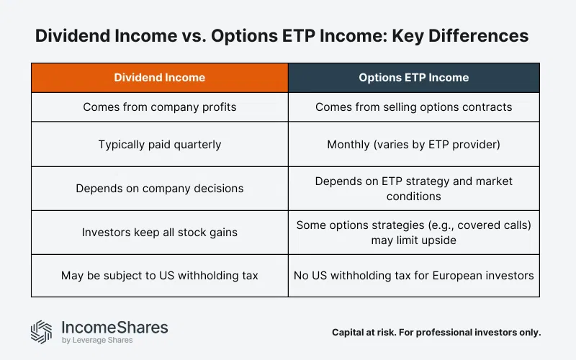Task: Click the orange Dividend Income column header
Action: [159, 78]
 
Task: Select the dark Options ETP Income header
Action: [413, 78]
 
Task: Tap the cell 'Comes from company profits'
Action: [159, 107]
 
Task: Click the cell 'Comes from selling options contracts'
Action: [413, 107]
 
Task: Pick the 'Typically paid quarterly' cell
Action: [159, 145]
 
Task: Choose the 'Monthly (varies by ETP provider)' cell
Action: [413, 145]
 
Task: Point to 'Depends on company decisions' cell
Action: [159, 189]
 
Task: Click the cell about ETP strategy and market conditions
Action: [413, 189]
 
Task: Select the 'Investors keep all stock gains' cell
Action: [159, 233]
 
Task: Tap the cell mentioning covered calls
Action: [413, 233]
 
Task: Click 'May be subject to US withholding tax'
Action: [159, 275]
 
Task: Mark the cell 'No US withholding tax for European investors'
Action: [413, 275]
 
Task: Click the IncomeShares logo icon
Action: [41, 331]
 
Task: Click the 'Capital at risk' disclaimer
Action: [436, 333]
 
